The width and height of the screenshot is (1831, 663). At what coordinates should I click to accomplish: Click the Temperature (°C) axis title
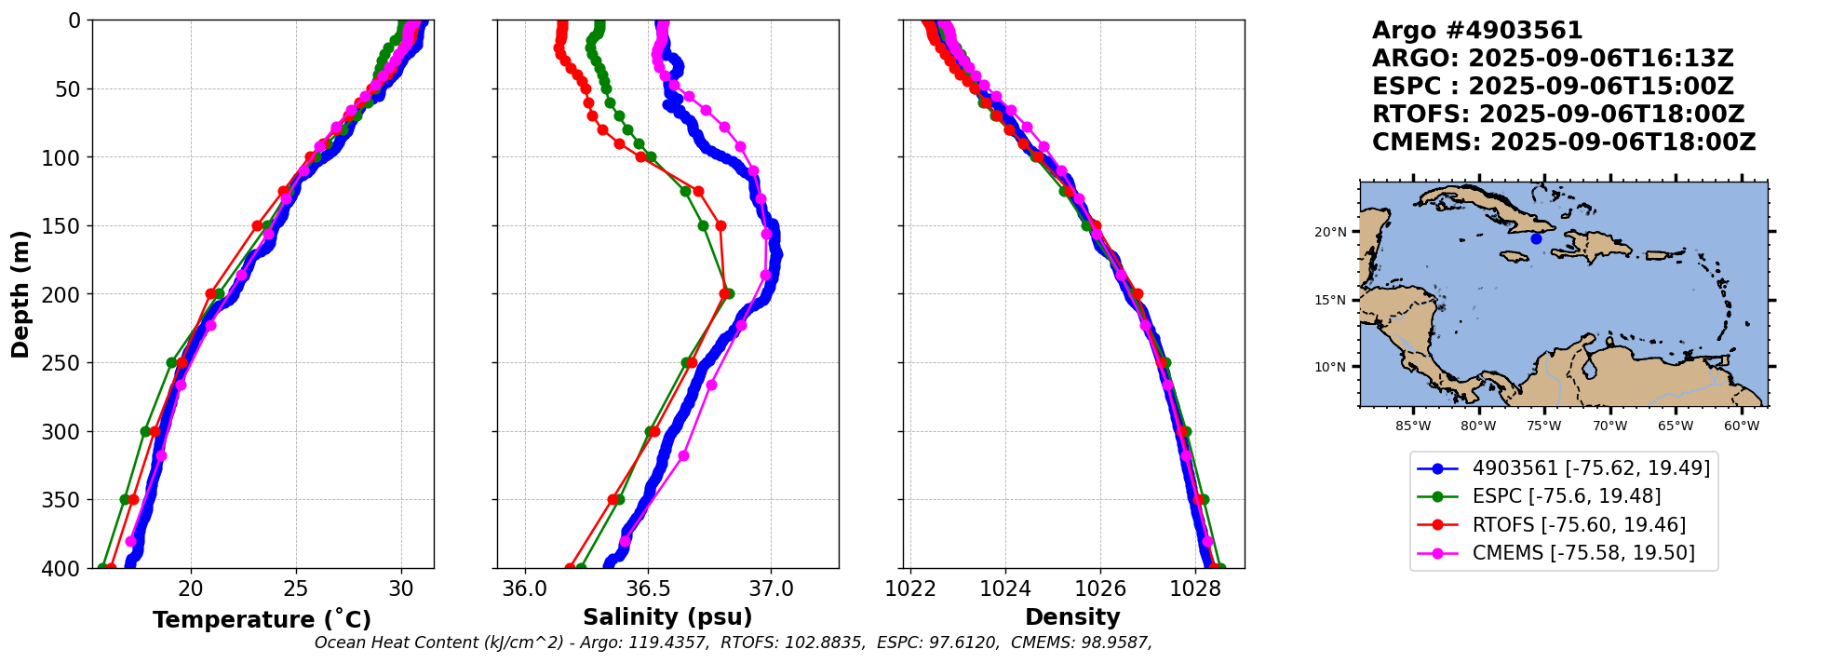262,620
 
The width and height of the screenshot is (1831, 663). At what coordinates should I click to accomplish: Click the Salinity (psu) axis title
667,617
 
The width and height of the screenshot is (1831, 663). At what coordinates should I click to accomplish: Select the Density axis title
1072,617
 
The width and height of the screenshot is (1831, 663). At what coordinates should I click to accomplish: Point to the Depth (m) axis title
20,294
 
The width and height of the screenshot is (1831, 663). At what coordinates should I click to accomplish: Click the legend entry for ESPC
1566,496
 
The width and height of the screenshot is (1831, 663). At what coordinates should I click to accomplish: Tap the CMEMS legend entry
1582,553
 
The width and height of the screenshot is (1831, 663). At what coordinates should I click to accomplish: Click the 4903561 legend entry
1591,468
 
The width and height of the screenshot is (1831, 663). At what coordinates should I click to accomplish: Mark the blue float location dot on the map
1536,239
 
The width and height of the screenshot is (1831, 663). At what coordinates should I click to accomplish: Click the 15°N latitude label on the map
1330,300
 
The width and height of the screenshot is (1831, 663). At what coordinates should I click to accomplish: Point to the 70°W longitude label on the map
1609,426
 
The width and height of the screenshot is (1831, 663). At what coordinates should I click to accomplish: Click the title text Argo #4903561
1476,31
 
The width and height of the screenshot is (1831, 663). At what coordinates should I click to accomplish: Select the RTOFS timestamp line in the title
1557,115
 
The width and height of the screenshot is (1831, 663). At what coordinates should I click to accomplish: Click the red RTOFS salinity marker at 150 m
720,226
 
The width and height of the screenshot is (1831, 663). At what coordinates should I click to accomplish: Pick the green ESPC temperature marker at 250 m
171,363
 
